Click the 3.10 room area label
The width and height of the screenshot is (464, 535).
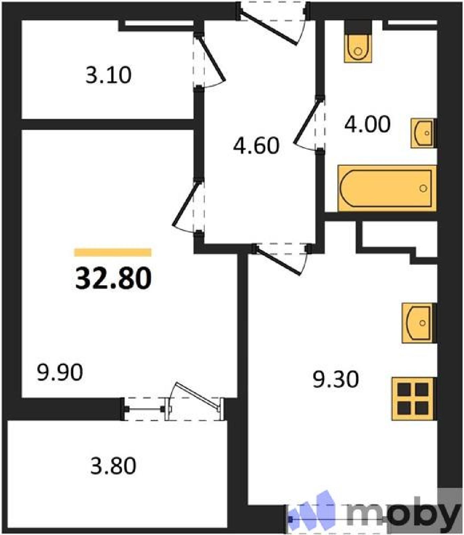(x=109, y=75)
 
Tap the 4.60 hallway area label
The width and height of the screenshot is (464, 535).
(x=256, y=146)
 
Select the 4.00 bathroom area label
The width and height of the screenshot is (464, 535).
(x=367, y=124)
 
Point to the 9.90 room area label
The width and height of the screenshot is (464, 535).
(x=60, y=372)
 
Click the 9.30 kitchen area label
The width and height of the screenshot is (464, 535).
(x=336, y=379)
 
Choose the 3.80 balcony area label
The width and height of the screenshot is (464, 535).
(x=113, y=466)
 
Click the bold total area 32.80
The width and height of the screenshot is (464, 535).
(x=113, y=278)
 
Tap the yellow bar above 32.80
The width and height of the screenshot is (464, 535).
(x=113, y=252)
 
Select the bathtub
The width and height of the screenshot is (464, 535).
(x=387, y=188)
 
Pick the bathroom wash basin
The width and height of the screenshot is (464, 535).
(x=424, y=133)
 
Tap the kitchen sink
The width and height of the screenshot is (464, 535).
(x=419, y=323)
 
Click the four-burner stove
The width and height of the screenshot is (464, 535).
(x=414, y=399)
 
